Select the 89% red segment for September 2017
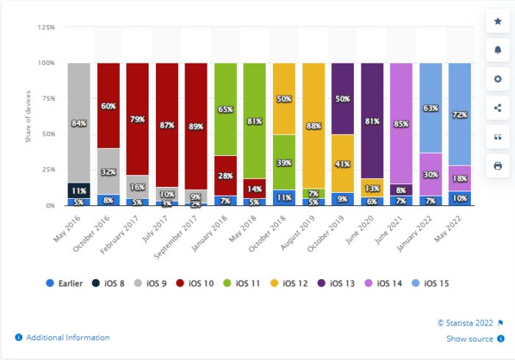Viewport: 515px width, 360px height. point(196,126)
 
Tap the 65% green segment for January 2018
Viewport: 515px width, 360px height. point(225,109)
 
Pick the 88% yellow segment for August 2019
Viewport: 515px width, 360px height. point(313,125)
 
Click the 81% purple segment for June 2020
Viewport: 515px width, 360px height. point(372,120)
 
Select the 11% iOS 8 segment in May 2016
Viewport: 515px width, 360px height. point(79,191)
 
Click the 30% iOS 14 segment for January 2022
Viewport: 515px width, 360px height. point(430,174)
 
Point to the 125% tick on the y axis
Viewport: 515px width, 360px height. point(46,27)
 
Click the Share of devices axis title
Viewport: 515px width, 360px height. point(28,117)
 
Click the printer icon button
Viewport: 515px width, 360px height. point(497,166)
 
